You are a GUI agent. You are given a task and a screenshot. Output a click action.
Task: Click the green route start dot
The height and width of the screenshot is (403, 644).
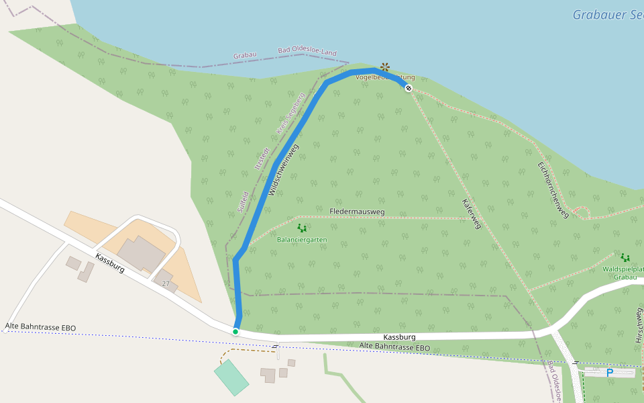(235, 331)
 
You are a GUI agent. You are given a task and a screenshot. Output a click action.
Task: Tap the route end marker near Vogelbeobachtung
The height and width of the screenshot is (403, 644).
(409, 88)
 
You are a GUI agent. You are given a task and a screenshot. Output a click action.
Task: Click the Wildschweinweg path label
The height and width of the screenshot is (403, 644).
(283, 169)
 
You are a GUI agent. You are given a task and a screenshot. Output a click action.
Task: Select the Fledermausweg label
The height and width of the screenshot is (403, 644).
(357, 212)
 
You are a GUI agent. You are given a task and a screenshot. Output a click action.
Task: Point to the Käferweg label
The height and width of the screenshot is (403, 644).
(472, 214)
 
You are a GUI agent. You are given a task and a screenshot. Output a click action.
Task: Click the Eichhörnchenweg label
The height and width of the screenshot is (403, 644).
(553, 189)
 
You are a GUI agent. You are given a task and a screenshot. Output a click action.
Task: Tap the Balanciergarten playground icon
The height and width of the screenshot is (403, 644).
(302, 228)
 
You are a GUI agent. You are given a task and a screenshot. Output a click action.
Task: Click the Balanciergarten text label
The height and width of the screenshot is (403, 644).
(302, 239)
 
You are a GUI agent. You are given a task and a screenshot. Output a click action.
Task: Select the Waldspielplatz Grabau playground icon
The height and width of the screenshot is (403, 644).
(625, 257)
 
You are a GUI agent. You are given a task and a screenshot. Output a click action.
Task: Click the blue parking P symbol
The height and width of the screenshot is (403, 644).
(609, 372)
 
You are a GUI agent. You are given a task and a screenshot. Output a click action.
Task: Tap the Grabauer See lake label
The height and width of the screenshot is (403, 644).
(607, 15)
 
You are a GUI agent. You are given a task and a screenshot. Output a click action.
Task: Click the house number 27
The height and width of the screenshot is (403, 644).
(166, 284)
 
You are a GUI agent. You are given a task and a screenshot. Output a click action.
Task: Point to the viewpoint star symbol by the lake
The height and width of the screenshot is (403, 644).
(384, 66)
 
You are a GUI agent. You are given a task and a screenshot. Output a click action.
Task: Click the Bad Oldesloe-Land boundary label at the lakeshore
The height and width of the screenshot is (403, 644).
(307, 52)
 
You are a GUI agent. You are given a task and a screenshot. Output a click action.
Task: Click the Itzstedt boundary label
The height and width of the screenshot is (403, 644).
(261, 159)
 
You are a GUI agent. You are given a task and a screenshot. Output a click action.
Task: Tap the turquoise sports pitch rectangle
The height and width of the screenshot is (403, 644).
(231, 377)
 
